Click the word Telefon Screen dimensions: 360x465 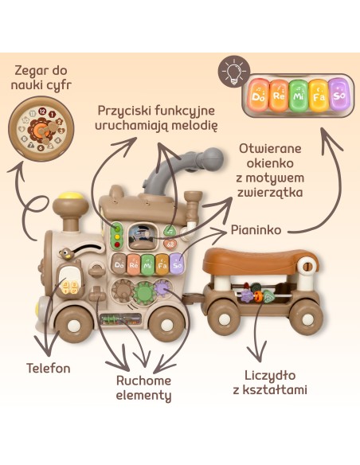point(49,369)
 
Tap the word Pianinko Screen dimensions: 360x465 point(256,230)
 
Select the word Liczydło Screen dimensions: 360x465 point(270,376)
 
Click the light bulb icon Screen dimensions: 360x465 point(234,72)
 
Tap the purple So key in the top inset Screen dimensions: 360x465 point(339,94)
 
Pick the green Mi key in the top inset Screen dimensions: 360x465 point(299,96)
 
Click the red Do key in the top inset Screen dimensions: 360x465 point(258,95)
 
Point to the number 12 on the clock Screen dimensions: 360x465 point(42,111)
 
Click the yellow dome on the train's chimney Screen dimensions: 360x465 point(71,196)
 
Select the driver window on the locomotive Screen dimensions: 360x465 point(143,236)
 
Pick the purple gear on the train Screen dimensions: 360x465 point(162,287)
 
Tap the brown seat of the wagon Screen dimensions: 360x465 point(260,260)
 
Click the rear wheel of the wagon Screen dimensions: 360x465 point(306,318)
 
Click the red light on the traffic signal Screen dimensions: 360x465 point(117,245)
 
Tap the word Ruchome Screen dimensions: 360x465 point(143,381)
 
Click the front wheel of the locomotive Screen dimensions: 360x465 point(72,324)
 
